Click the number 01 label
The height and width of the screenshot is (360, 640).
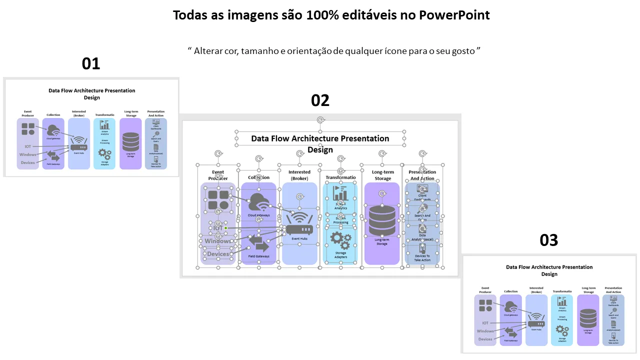click(91, 63)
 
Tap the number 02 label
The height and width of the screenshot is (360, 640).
click(320, 100)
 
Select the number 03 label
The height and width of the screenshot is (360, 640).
click(548, 240)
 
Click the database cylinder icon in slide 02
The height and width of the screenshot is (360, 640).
click(382, 220)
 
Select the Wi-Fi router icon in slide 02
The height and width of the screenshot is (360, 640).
click(299, 223)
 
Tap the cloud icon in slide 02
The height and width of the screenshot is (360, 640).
click(259, 202)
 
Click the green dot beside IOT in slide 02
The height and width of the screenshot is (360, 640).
click(226, 228)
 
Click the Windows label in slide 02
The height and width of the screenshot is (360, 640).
click(218, 241)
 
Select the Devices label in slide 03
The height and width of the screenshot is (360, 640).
click(485, 339)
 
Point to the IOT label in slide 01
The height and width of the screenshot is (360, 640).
click(28, 146)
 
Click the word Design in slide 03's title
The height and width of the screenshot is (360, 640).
click(549, 274)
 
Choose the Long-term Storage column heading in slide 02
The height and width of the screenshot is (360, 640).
click(383, 175)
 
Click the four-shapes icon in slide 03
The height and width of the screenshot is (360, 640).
click(485, 305)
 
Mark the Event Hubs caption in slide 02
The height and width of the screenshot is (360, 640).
click(299, 239)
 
